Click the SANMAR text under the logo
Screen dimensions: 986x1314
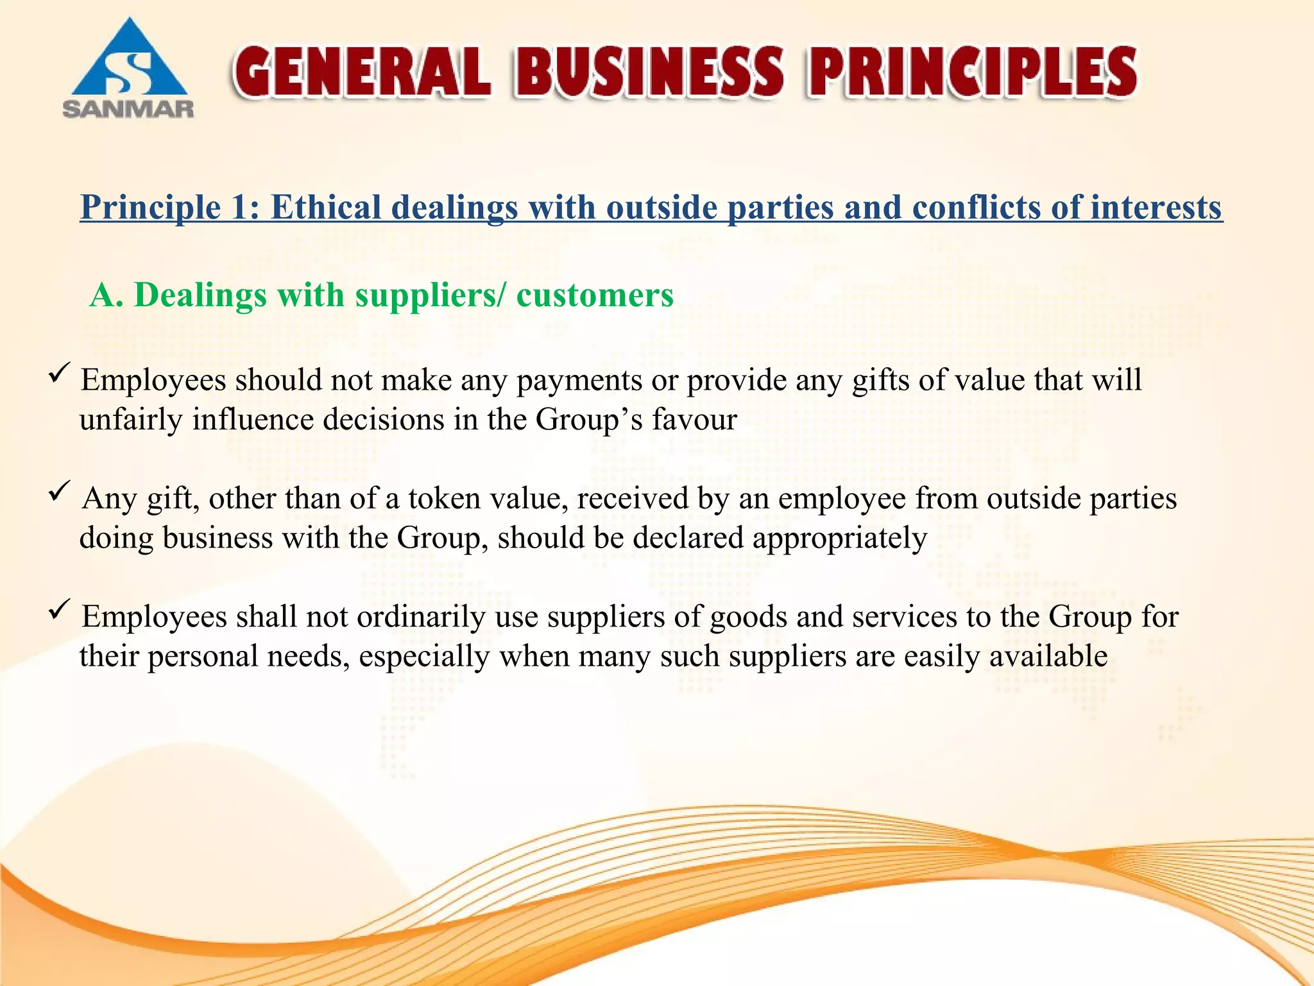(x=128, y=108)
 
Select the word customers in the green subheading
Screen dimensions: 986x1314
(x=595, y=295)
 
